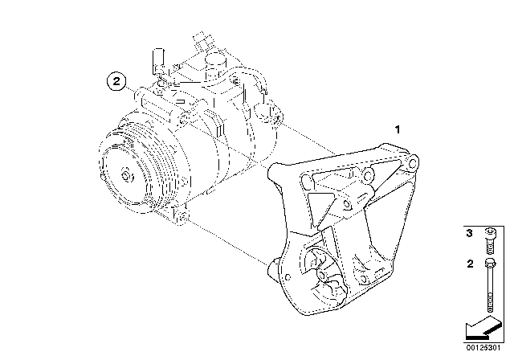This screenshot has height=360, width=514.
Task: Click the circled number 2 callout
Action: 117,81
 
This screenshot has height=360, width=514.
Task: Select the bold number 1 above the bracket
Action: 396,129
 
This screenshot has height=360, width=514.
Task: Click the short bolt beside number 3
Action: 489,238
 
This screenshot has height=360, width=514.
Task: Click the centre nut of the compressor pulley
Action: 128,176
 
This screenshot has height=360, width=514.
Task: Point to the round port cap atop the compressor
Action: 214,62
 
